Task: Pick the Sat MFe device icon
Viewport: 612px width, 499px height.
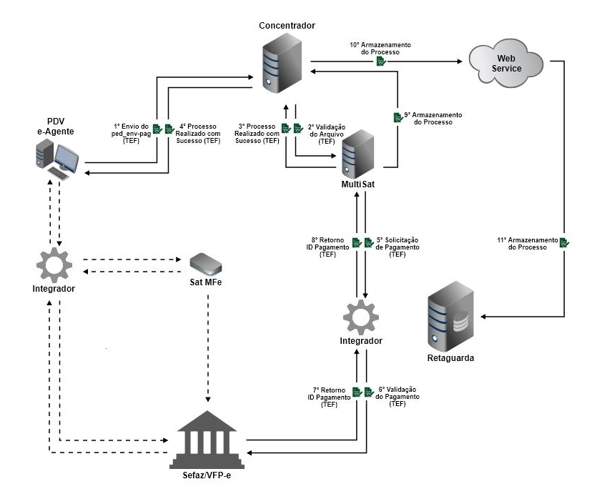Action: [x=205, y=264]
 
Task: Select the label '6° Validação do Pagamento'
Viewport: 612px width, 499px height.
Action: [x=398, y=397]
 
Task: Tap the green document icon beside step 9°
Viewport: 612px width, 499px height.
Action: [x=397, y=117]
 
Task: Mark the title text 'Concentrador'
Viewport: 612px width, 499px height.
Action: [x=287, y=26]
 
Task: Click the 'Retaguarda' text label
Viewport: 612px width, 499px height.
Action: [x=450, y=357]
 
